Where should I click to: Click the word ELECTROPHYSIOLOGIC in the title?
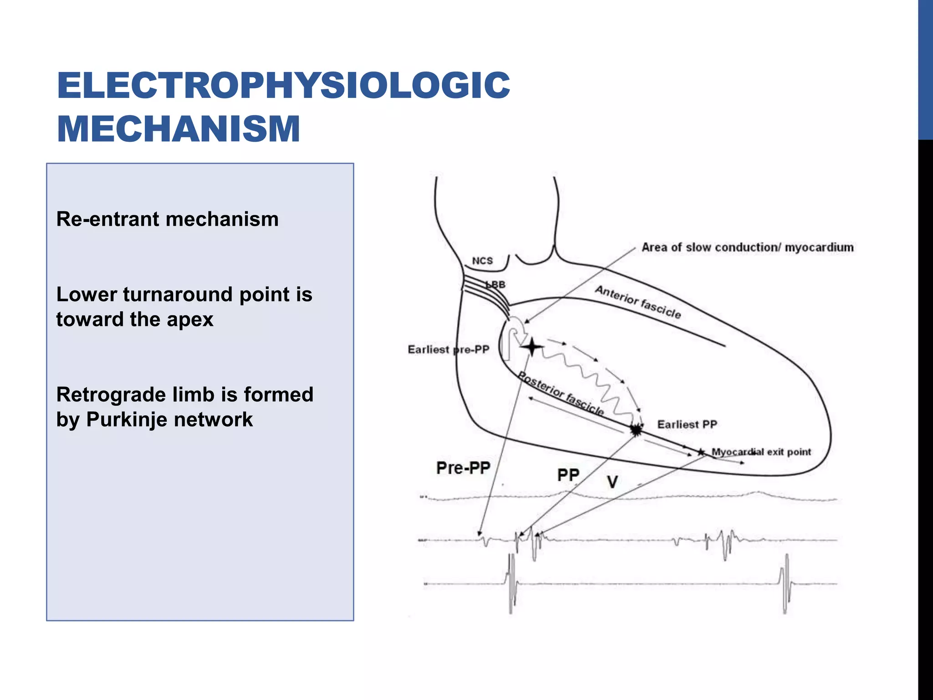[x=283, y=85]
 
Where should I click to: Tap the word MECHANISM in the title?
[x=179, y=129]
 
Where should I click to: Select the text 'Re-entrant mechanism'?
[x=167, y=219]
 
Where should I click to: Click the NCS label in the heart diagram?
[x=482, y=261]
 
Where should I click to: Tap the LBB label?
[x=496, y=285]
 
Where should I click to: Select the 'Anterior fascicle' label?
[x=638, y=302]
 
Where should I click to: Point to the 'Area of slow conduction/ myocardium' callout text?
[x=748, y=247]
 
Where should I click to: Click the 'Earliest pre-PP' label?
[x=448, y=350]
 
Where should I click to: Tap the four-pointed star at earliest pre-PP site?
[x=531, y=348]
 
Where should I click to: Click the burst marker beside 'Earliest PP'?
[x=636, y=429]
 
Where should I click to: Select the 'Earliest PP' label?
[x=687, y=425]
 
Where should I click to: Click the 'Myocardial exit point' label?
[x=761, y=452]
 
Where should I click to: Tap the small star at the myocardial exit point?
[x=701, y=452]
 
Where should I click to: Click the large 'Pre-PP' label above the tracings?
[x=463, y=468]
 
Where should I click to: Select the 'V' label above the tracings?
[x=612, y=482]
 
